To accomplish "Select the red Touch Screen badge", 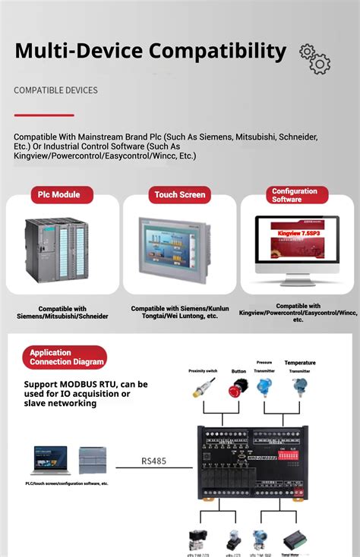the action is (180, 194).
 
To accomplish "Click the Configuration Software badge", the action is (295, 195).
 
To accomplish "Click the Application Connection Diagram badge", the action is (67, 357).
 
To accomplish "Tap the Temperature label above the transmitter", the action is (300, 363).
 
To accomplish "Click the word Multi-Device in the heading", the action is (77, 51).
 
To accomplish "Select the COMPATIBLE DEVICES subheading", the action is (55, 90).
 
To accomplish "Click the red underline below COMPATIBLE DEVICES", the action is (44, 115).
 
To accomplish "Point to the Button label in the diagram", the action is (238, 371).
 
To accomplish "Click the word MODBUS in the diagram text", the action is (87, 384).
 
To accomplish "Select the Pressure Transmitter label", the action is (264, 367).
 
